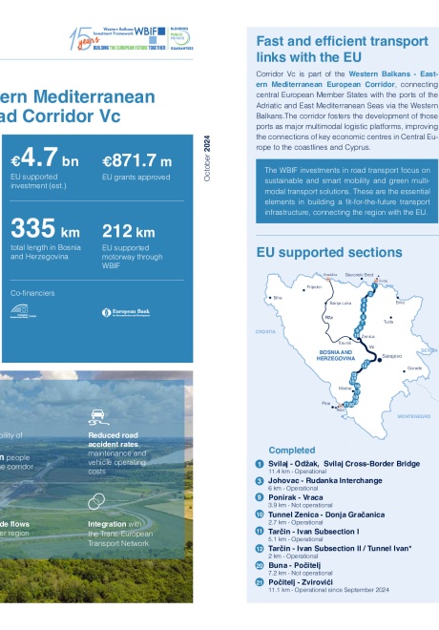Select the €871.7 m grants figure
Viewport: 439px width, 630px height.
[136, 161]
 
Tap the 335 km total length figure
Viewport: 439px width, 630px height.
[45, 230]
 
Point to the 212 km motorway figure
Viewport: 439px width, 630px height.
[128, 232]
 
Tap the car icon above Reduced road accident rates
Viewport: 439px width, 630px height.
[96, 415]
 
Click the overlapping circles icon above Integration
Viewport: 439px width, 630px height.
[96, 501]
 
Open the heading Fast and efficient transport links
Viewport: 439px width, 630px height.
[341, 50]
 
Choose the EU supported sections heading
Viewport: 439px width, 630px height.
[328, 252]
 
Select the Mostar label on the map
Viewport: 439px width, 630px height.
[345, 389]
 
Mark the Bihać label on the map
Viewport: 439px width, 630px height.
[279, 298]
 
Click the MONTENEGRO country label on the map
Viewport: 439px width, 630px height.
[412, 417]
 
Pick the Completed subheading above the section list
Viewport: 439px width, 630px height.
[291, 450]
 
